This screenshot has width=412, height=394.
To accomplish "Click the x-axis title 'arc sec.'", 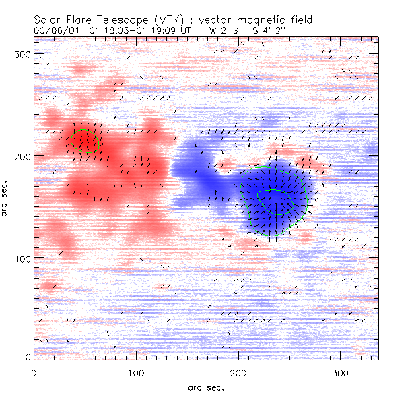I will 205,387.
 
